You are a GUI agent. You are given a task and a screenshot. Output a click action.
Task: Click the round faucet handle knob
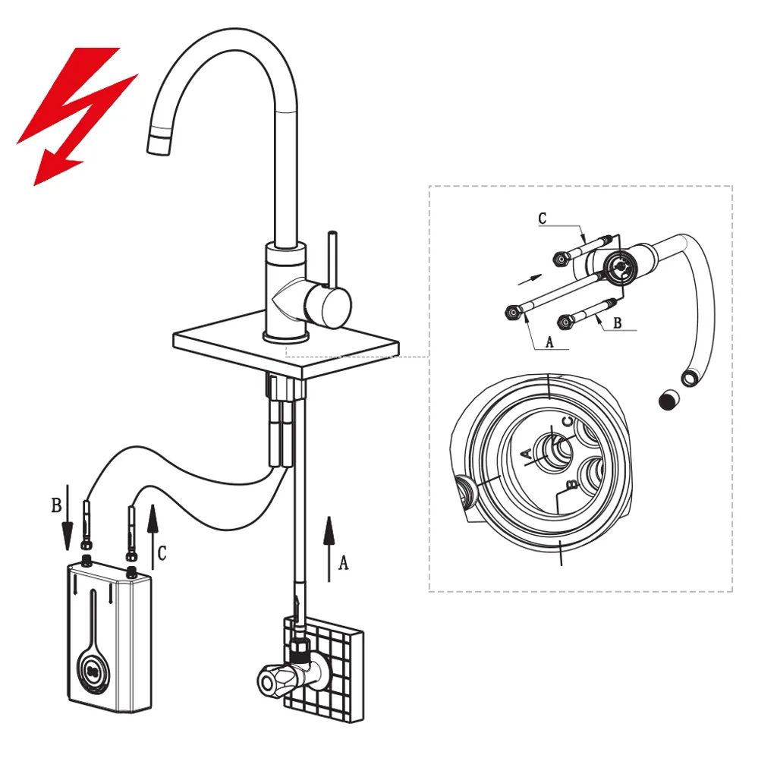pyautogui.click(x=328, y=303)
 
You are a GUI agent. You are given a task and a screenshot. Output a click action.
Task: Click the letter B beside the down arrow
pyautogui.click(x=56, y=505)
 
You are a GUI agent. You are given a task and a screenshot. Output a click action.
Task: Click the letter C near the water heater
pyautogui.click(x=162, y=552)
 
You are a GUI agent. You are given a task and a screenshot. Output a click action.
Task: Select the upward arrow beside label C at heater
pyautogui.click(x=153, y=536)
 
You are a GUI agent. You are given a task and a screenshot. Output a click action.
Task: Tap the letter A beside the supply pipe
pyautogui.click(x=343, y=562)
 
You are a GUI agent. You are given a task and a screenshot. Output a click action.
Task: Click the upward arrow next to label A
pyautogui.click(x=329, y=549)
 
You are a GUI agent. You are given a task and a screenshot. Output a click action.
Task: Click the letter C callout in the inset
pyautogui.click(x=542, y=218)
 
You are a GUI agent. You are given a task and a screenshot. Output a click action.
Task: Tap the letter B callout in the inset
pyautogui.click(x=618, y=322)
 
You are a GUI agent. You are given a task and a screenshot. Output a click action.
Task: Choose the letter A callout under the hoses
pyautogui.click(x=549, y=342)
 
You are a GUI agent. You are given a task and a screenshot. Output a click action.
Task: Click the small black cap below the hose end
pyautogui.click(x=669, y=399)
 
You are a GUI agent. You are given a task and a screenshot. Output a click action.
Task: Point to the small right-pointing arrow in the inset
pyautogui.click(x=530, y=279)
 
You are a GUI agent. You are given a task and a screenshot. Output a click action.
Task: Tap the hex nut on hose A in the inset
pyautogui.click(x=512, y=313)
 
